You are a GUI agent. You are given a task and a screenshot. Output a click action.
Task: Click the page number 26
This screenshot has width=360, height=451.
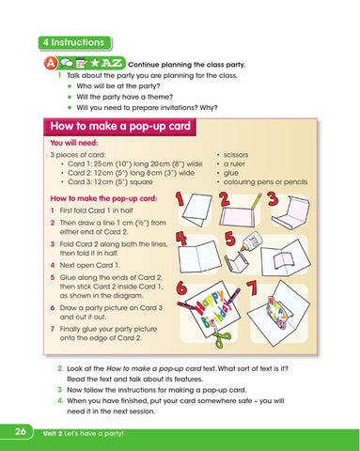point(19,431)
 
